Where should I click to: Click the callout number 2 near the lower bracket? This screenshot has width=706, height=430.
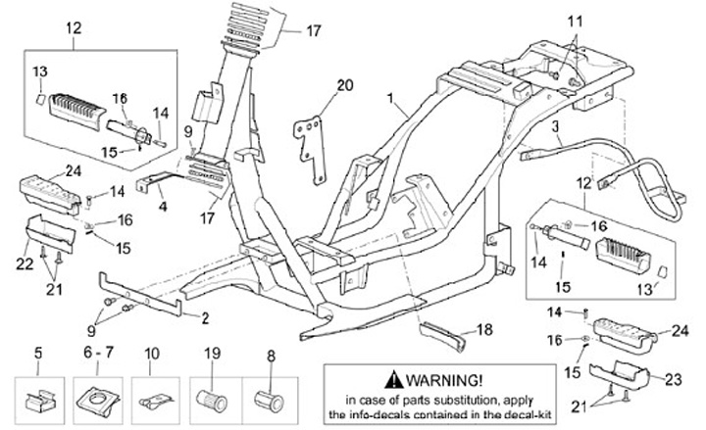[205, 317]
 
